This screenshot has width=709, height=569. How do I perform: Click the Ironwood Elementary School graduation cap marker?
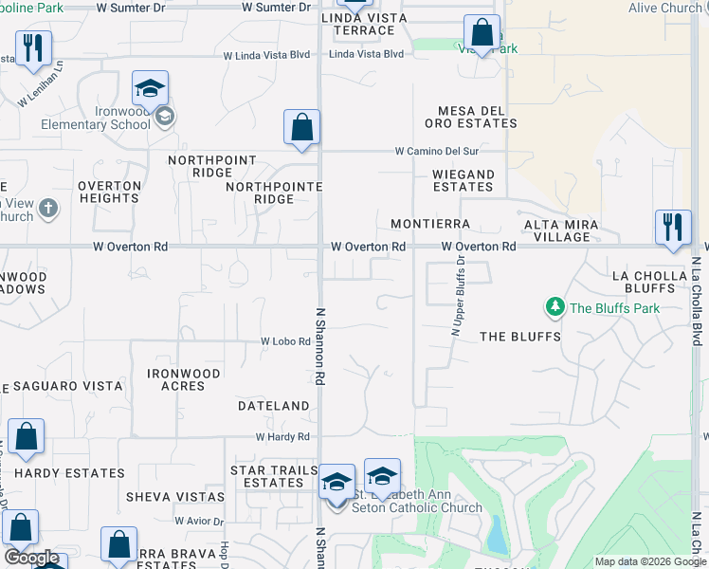click(150, 89)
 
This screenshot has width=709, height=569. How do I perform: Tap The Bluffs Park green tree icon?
click(554, 307)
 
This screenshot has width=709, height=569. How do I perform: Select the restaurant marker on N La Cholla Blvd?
click(673, 228)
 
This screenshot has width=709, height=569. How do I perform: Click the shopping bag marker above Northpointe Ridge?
click(301, 128)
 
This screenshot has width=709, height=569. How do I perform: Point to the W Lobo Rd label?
click(286, 341)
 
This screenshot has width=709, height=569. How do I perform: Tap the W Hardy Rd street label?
click(282, 437)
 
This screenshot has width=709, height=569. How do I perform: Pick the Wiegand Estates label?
click(463, 181)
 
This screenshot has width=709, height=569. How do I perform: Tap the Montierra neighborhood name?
click(430, 224)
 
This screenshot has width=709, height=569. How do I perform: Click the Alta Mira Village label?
click(561, 230)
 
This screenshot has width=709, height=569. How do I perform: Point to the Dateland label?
click(273, 406)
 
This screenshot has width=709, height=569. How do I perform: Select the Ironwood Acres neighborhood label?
click(184, 380)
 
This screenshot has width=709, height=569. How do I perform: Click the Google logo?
click(31, 558)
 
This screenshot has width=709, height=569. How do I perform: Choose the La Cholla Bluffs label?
click(649, 282)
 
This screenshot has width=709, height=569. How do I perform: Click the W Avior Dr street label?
click(199, 522)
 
